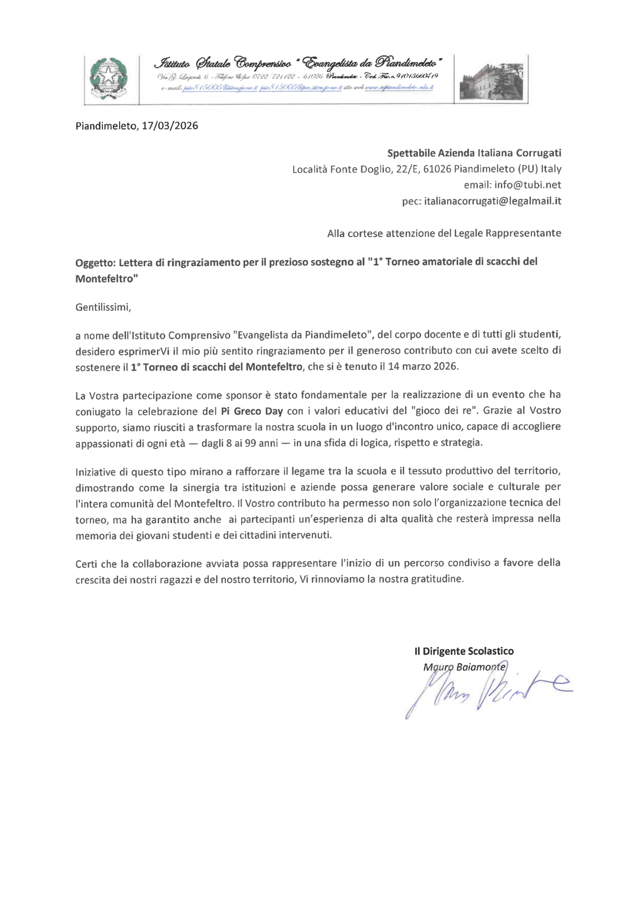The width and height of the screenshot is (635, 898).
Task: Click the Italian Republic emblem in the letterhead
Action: tap(108, 79)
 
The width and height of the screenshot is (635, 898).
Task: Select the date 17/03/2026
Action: tap(170, 126)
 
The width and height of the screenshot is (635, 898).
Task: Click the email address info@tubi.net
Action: tap(528, 185)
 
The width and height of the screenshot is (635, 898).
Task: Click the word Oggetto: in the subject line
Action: tap(96, 263)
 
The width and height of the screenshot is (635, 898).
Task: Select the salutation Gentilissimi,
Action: tap(103, 308)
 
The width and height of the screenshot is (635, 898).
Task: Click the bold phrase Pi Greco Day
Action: tap(252, 411)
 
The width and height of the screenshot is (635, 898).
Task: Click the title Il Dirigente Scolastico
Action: tap(464, 651)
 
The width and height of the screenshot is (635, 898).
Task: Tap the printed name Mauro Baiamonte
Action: tap(464, 667)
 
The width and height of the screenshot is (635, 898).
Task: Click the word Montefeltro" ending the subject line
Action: tap(106, 279)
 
